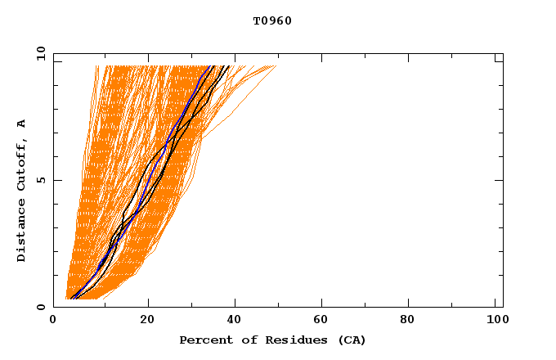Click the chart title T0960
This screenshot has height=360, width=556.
tap(272, 20)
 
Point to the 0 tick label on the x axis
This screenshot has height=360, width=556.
tap(54, 321)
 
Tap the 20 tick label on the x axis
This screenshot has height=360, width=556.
tap(147, 321)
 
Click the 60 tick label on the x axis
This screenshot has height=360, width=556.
tap(324, 321)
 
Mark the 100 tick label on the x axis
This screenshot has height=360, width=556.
tap(495, 321)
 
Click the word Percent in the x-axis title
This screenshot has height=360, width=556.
tap(203, 340)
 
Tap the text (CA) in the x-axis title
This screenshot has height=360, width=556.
tap(352, 340)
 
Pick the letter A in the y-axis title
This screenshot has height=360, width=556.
tap(22, 124)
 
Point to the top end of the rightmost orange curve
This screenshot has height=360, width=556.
tap(276, 65)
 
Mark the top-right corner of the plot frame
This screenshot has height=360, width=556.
tap(503, 54)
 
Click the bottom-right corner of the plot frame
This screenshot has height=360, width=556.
tap(503, 307)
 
